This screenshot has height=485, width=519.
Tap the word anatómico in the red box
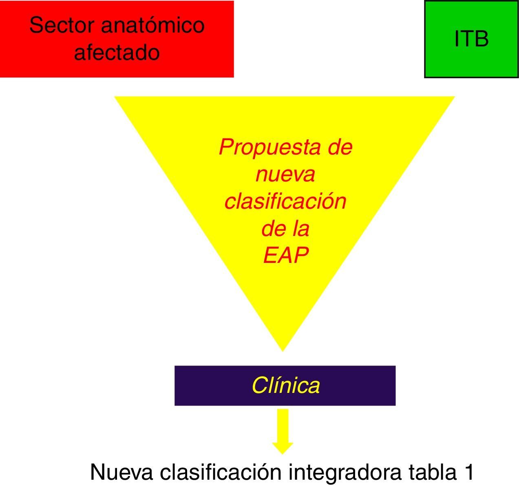tap(152, 25)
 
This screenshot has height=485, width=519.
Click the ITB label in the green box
tap(471, 40)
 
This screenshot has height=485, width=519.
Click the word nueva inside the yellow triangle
tap(285, 174)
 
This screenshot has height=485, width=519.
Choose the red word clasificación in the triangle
tap(285, 201)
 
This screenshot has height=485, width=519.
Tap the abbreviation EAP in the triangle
tap(285, 256)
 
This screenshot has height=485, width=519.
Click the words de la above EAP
tap(285, 229)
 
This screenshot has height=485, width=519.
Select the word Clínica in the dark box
tap(285, 385)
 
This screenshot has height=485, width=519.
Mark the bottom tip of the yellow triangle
tap(283, 350)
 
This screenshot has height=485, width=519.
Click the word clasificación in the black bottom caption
tap(221, 472)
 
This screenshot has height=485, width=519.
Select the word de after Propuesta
tap(340, 148)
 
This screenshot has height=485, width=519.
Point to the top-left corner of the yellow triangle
tap(116, 97)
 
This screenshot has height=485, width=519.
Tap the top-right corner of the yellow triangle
tap(453, 97)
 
